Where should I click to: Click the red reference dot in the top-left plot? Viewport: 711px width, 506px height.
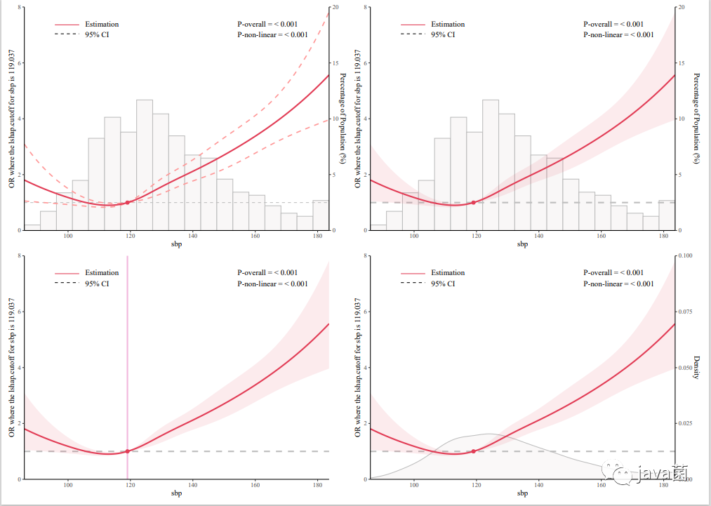(127, 202)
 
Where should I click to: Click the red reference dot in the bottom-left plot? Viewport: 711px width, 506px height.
(127, 451)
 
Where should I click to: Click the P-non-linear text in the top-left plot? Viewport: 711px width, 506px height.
(272, 34)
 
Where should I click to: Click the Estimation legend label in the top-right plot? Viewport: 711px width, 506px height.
(448, 25)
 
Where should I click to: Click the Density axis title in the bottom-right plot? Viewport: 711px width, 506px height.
(696, 367)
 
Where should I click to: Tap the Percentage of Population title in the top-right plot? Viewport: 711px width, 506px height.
(696, 118)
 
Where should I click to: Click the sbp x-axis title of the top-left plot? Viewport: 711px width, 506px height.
(176, 244)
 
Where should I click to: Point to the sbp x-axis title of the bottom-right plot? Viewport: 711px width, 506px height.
(522, 493)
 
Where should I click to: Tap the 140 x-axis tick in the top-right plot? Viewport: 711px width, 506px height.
(539, 236)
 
